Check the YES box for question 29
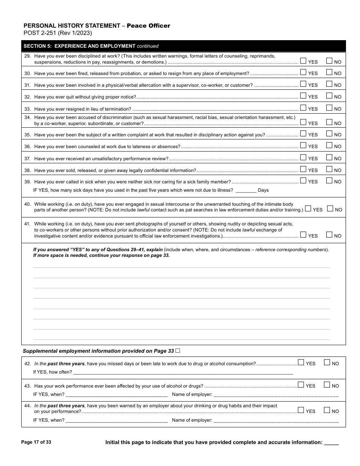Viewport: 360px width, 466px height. pyautogui.click(x=303, y=61)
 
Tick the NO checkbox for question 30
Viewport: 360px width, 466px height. pyautogui.click(x=329, y=72)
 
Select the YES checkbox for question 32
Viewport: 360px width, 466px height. pyautogui.click(x=303, y=95)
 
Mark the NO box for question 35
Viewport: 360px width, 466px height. pyautogui.click(x=329, y=133)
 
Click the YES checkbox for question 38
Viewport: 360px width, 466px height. pyautogui.click(x=303, y=169)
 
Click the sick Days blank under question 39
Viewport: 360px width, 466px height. pyautogui.click(x=246, y=190)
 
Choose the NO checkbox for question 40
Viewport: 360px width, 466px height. pyautogui.click(x=330, y=208)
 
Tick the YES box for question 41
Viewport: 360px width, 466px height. pyautogui.click(x=303, y=235)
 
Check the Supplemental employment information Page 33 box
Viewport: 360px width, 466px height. pyautogui.click(x=178, y=351)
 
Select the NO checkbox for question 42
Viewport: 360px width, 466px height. pyautogui.click(x=327, y=362)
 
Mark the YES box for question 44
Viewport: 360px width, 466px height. pyautogui.click(x=301, y=410)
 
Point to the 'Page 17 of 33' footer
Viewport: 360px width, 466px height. pyautogui.click(x=36, y=442)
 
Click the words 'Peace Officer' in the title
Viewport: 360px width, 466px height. pyautogui.click(x=148, y=26)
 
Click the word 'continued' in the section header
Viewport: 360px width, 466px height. pyautogui.click(x=147, y=46)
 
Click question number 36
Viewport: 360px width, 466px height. pyautogui.click(x=27, y=147)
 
